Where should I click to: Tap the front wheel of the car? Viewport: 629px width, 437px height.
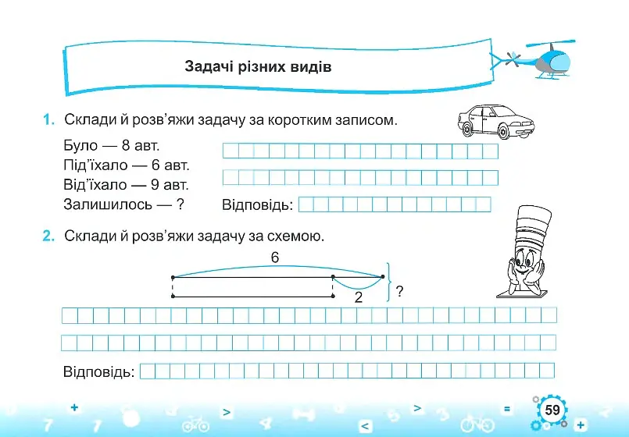502,131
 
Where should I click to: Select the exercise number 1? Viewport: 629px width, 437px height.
48,119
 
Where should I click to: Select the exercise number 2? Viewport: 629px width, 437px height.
48,236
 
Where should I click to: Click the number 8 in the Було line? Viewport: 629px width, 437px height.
126,145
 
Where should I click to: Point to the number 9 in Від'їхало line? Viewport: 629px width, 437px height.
155,185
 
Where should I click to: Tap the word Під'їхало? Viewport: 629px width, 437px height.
95,165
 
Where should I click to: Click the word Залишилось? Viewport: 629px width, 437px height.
108,204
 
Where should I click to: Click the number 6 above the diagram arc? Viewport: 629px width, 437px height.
275,258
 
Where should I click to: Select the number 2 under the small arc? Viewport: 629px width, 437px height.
359,297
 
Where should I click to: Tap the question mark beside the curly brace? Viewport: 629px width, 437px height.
399,291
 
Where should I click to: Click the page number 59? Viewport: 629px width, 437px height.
552,410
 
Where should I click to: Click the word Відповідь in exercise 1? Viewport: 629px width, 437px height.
258,204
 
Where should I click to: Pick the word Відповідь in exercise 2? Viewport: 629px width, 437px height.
98,371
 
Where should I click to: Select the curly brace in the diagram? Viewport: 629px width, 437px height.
388,282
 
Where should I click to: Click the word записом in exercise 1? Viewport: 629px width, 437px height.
366,119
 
